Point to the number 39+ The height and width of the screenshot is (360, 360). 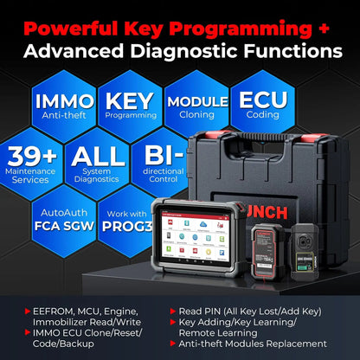point(33,157)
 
